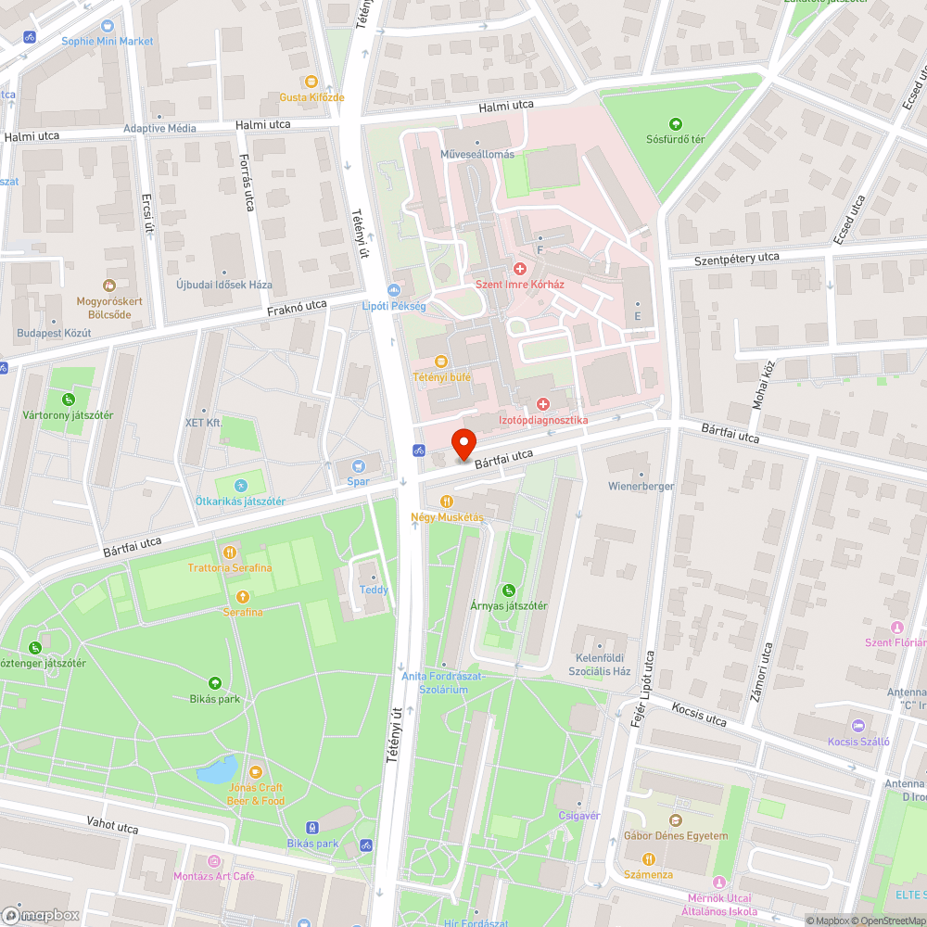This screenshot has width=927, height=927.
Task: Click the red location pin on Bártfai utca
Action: pyautogui.click(x=463, y=441)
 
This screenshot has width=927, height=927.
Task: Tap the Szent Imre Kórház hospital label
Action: pyautogui.click(x=520, y=284)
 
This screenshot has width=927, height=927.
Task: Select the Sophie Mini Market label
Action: pyautogui.click(x=107, y=41)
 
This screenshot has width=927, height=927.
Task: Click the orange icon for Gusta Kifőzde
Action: pyautogui.click(x=311, y=82)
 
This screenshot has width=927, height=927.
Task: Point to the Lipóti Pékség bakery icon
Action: pyautogui.click(x=394, y=290)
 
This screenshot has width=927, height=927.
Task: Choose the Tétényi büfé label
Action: pyautogui.click(x=441, y=377)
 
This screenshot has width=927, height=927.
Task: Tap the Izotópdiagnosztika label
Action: pyautogui.click(x=543, y=420)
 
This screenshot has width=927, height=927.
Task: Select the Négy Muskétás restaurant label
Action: pyautogui.click(x=447, y=516)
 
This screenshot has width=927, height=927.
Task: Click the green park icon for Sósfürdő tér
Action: pyautogui.click(x=675, y=124)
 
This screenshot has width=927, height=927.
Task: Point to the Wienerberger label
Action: pyautogui.click(x=641, y=486)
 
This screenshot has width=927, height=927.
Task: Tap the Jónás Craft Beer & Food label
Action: pyautogui.click(x=256, y=794)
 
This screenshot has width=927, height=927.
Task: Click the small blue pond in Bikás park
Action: pyautogui.click(x=216, y=769)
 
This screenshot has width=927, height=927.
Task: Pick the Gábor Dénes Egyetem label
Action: pyautogui.click(x=675, y=835)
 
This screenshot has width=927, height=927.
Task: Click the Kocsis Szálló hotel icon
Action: pyautogui.click(x=857, y=725)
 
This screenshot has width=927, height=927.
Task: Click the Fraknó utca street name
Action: pyautogui.click(x=297, y=306)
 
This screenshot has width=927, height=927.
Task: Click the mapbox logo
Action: pyautogui.click(x=42, y=914)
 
